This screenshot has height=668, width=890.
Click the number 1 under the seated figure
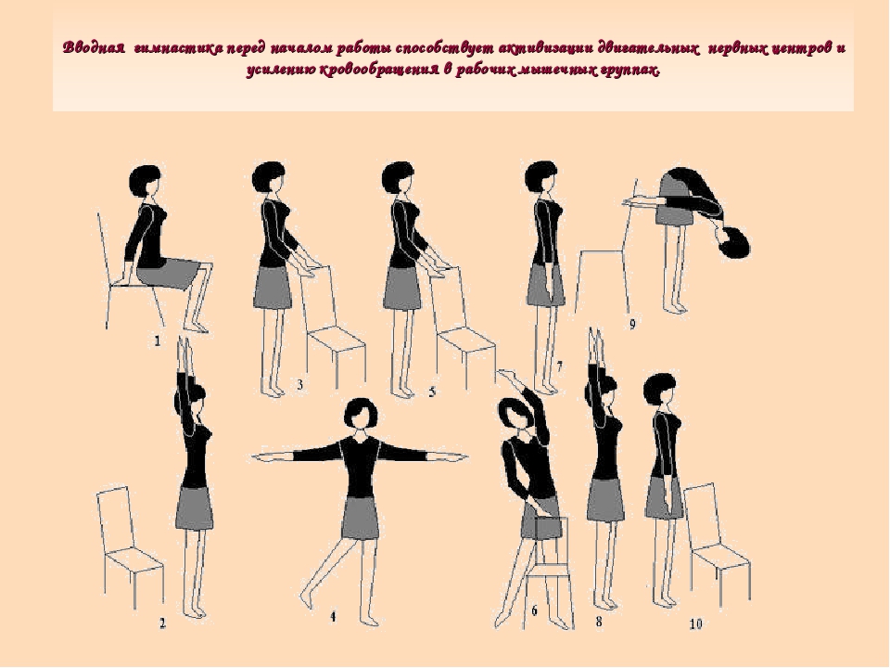pyautogui.click(x=158, y=340)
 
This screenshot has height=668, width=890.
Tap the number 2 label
pyautogui.click(x=162, y=623)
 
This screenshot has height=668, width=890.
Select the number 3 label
pyautogui.click(x=300, y=385)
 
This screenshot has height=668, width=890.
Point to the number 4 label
pyautogui.click(x=333, y=616)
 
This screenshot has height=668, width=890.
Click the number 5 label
pyautogui.click(x=433, y=392)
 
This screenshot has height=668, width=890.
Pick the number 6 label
pyautogui.click(x=534, y=611)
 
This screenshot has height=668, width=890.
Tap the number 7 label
pyautogui.click(x=559, y=366)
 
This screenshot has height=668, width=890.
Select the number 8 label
pyautogui.click(x=599, y=622)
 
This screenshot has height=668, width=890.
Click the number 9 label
pyautogui.click(x=632, y=324)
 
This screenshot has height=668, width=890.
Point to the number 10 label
pyautogui.click(x=696, y=623)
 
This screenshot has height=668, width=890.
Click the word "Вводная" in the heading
pyautogui.click(x=94, y=47)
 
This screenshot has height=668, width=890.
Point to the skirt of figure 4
pyautogui.click(x=360, y=518)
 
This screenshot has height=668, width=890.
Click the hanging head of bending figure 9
pyautogui.click(x=733, y=242)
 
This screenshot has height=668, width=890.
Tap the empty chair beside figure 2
pyautogui.click(x=131, y=546)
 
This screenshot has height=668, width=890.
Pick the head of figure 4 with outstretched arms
pyautogui.click(x=360, y=414)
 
